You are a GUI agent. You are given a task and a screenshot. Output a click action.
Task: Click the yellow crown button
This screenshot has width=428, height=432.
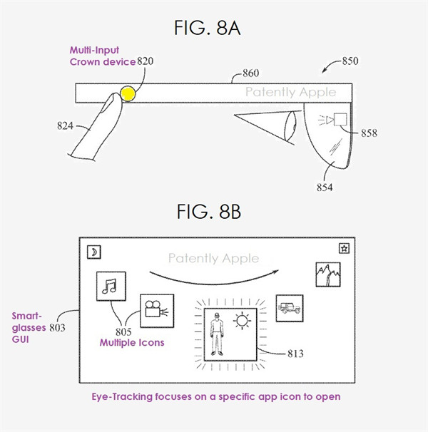(128, 93)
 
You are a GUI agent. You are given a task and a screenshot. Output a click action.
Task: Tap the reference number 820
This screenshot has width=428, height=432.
(145, 61)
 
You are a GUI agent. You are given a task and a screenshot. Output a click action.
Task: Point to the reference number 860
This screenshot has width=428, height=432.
(250, 73)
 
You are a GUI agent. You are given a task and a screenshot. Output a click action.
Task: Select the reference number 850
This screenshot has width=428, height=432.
(350, 61)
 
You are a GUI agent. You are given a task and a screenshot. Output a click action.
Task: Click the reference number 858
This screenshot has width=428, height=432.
(369, 133)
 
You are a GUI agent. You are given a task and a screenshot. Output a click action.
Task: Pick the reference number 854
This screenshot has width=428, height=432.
(325, 187)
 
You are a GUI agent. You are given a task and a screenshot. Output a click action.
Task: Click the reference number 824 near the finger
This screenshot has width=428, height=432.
(65, 125)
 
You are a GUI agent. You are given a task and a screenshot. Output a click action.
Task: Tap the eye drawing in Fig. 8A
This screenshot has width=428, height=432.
(290, 126)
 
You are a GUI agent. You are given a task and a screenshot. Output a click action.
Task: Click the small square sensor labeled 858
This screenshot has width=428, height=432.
(340, 119)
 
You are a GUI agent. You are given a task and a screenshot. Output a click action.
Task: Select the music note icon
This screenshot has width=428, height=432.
(111, 287)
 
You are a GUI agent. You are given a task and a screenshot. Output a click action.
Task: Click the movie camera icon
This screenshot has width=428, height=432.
(157, 311)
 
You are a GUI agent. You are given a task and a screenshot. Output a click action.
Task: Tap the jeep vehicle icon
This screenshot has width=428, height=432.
(290, 308)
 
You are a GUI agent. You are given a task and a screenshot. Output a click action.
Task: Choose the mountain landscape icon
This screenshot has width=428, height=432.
(328, 274)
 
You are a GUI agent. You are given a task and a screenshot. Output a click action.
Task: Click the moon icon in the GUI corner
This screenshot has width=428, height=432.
(93, 252)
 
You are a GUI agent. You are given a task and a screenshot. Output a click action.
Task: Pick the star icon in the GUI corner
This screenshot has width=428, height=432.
(344, 248)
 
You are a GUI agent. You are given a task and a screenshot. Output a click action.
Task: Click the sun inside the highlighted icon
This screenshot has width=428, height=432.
(242, 321)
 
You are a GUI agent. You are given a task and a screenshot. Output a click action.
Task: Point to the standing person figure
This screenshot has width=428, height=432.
(217, 334)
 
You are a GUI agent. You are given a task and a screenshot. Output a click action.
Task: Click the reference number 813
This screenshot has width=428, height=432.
(295, 353)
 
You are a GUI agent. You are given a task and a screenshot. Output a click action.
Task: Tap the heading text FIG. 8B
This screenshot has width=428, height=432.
(209, 212)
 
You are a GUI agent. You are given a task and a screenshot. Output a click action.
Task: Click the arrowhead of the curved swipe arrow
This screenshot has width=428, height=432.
(276, 272)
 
